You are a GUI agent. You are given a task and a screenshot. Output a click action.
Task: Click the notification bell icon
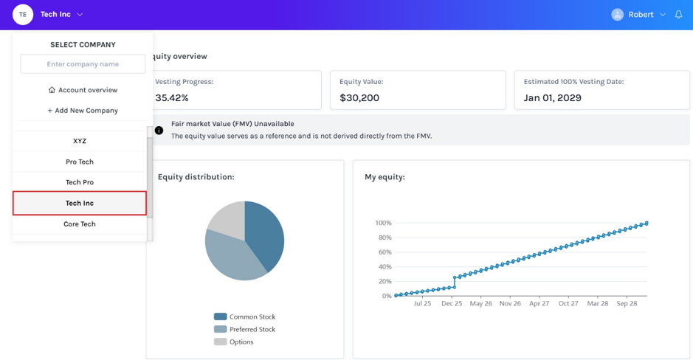pos(678,15)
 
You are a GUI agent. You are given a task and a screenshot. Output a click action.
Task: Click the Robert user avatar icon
pos(618,15)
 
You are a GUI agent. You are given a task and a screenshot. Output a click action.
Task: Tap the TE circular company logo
pos(23,15)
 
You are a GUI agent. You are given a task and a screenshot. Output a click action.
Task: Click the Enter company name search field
pos(83,64)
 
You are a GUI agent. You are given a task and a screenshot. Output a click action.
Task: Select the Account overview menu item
pos(83,90)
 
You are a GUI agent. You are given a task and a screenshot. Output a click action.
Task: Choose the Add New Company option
pos(83,111)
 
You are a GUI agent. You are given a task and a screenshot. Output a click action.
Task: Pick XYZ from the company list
pos(80,141)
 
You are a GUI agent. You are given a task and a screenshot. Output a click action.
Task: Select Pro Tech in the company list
pos(80,162)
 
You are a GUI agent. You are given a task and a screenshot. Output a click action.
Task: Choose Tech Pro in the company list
pos(80,182)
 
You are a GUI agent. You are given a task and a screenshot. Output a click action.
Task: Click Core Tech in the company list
pos(80,224)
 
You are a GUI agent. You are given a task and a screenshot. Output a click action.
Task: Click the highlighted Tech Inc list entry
pos(80,203)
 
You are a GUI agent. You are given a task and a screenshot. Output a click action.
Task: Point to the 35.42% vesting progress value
pos(171,98)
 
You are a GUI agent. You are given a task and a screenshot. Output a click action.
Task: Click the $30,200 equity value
pos(359,98)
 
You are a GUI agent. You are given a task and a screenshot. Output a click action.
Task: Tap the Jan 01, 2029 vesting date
pos(553,98)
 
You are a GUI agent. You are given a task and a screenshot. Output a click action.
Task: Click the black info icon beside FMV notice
pos(159,131)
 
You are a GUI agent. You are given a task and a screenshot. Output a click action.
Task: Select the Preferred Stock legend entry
pos(244,329)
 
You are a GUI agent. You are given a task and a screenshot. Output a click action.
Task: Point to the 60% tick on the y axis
pos(384,252)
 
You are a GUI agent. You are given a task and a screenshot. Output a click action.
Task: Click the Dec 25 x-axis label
pos(452,303)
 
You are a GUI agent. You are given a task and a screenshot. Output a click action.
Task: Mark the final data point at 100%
pos(647,223)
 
